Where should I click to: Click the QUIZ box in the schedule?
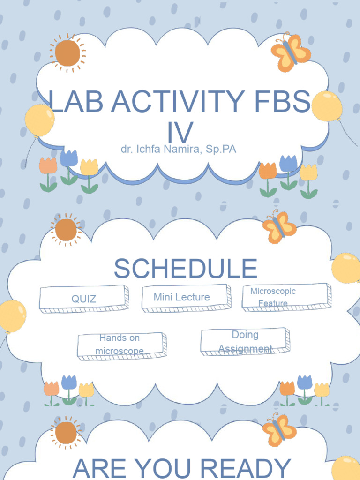click(x=83, y=299)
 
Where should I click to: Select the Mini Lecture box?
click(x=186, y=297)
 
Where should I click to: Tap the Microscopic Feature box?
click(x=286, y=297)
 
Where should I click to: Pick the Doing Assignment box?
click(x=245, y=341)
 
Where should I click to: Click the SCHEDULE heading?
click(x=186, y=269)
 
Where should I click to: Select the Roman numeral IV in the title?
click(x=180, y=132)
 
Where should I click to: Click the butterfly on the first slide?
click(x=290, y=52)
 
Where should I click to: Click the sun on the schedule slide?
click(x=66, y=229)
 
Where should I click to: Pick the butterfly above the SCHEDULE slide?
click(x=279, y=227)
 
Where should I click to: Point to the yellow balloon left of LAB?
click(x=39, y=120)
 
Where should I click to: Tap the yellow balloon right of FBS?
click(x=327, y=106)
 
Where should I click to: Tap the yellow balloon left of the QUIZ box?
click(x=11, y=316)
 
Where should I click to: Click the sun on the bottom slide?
click(x=66, y=433)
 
